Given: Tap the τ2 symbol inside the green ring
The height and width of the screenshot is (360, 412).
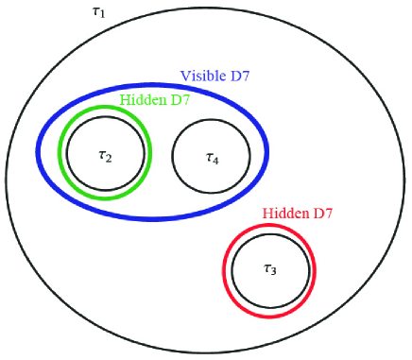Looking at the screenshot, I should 105,155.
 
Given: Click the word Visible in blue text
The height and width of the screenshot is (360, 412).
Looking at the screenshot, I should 201,75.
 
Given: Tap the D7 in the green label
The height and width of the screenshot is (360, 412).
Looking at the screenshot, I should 177,98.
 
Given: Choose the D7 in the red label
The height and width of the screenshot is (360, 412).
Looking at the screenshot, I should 321,214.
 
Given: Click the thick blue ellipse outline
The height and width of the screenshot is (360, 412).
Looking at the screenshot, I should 38,151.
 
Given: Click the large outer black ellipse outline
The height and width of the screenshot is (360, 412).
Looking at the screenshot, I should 7,180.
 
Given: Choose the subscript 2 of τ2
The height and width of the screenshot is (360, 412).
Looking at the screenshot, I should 110,158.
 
